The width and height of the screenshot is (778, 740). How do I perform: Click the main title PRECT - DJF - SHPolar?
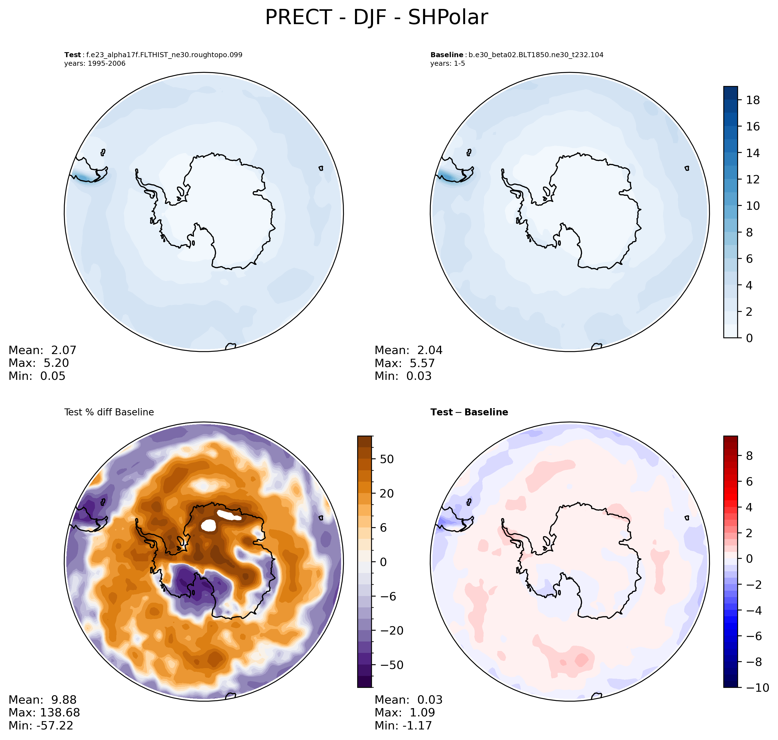[x=376, y=18]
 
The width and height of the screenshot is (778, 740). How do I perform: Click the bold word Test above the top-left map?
[x=73, y=55]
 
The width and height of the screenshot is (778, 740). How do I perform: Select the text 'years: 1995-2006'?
[x=95, y=64]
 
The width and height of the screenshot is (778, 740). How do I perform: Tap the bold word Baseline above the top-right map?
[x=447, y=55]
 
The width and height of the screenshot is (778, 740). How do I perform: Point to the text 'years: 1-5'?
[x=447, y=64]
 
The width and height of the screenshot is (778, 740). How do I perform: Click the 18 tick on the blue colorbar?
[x=753, y=100]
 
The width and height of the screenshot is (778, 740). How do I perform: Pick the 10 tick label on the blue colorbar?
[x=753, y=206]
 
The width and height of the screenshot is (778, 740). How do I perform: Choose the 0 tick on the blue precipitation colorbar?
[x=749, y=338]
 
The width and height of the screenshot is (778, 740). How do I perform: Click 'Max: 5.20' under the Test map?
[x=39, y=363]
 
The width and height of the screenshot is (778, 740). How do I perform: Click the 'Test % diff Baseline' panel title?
[x=109, y=412]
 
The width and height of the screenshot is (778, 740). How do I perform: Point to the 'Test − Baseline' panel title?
[x=469, y=412]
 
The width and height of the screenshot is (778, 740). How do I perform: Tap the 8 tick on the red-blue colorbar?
[x=749, y=456]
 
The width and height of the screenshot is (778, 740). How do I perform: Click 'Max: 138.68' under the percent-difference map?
[x=44, y=712]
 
